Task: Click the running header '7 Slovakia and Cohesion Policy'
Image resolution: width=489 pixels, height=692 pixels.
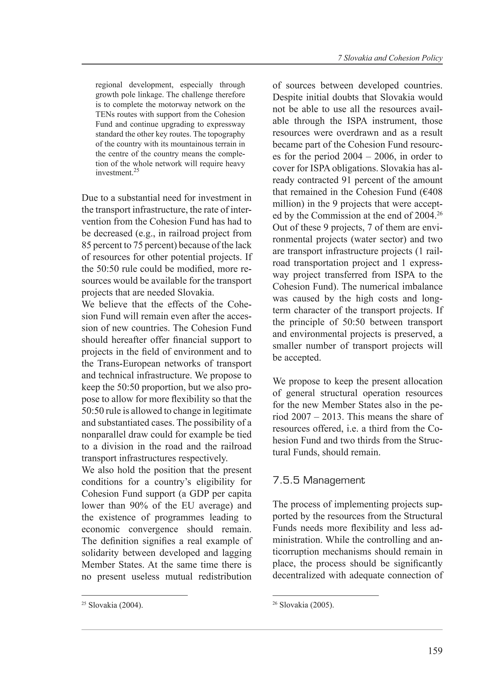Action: coord(390,58)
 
